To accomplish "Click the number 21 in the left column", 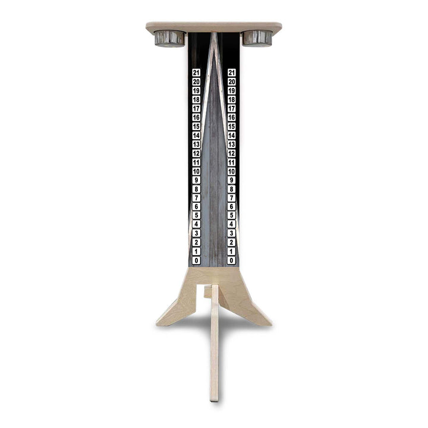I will (x=196, y=73).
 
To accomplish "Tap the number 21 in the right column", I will (x=231, y=73).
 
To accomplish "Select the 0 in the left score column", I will (x=196, y=260).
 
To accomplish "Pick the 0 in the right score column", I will (x=231, y=260).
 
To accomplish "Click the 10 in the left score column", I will (x=196, y=171).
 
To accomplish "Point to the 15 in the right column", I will (x=231, y=126).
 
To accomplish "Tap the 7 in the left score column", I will (x=196, y=198).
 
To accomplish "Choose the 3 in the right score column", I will (x=231, y=234).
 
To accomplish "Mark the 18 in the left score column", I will (x=196, y=99).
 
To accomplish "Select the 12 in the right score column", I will (x=231, y=153).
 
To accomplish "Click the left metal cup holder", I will (x=170, y=38).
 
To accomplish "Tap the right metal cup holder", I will (x=257, y=38).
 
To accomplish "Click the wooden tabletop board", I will (x=214, y=27).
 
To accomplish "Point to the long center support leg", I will (x=215, y=351).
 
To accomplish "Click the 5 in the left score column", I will (x=196, y=216).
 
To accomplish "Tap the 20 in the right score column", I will (x=231, y=81).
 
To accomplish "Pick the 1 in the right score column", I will (x=231, y=251).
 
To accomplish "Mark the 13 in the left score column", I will (x=196, y=144).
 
